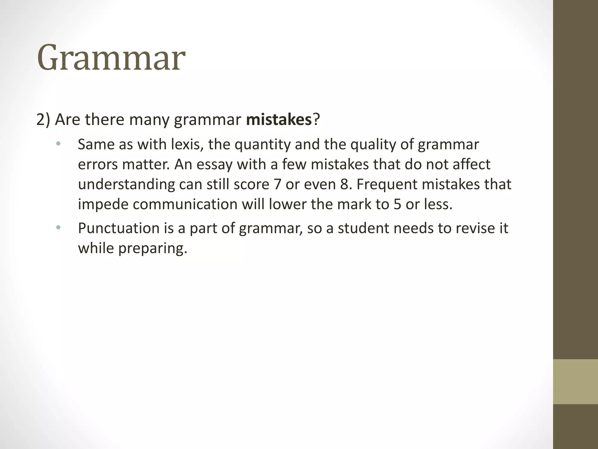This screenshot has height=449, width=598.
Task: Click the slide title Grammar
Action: coord(111,58)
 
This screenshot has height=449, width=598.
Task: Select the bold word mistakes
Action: coord(279,120)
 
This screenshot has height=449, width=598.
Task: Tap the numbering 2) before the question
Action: coord(44,120)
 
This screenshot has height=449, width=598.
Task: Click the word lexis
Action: coord(187,144)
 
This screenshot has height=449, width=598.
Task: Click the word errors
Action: coord(98,164)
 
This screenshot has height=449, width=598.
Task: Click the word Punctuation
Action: coord(118,228)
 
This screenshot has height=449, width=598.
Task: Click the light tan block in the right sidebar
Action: coord(576,381)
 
